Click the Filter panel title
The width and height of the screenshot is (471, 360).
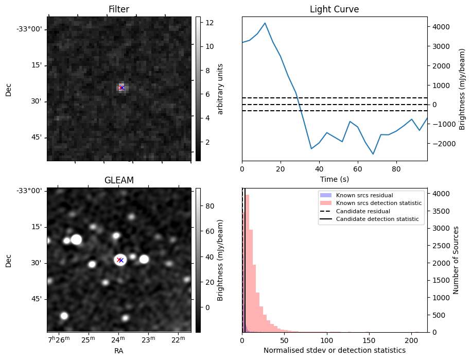click(x=118, y=9)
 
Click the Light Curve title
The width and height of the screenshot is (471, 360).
click(x=334, y=9)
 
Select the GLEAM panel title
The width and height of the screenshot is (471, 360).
click(x=118, y=180)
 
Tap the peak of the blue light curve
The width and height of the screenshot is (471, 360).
click(x=265, y=23)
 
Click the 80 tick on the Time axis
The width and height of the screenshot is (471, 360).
click(x=396, y=168)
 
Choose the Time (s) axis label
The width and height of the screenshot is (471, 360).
click(x=334, y=178)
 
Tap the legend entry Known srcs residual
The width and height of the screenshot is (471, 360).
click(x=364, y=196)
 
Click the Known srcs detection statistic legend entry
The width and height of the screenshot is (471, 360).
click(x=378, y=203)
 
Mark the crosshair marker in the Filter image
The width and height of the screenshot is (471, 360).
click(x=121, y=88)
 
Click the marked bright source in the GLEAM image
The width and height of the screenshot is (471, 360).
click(x=120, y=260)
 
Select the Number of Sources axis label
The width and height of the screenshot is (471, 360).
click(x=456, y=260)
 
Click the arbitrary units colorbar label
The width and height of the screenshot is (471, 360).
click(x=220, y=89)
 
